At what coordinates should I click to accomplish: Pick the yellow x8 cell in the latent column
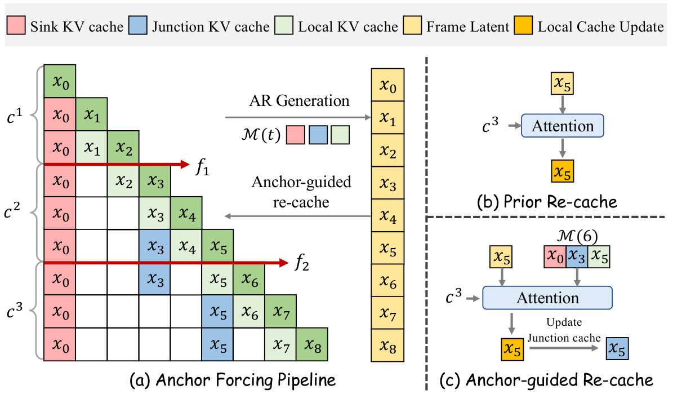tap(388, 345)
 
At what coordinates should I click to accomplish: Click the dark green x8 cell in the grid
tap(312, 345)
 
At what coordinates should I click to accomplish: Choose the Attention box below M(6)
tap(547, 297)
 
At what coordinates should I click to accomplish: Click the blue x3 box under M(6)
tap(576, 256)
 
